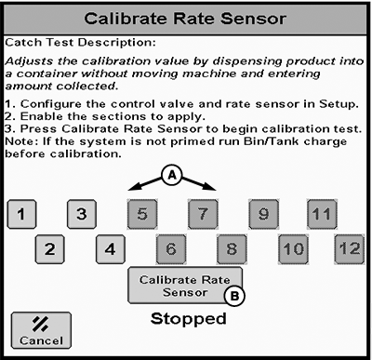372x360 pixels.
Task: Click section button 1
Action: pos(21,214)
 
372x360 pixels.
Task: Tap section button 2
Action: pos(50,249)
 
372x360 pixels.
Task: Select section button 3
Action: pos(82,214)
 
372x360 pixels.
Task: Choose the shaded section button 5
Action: pos(142,214)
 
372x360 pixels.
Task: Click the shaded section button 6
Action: pos(171,249)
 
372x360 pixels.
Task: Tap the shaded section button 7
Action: pos(203,214)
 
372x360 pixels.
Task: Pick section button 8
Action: pos(232,249)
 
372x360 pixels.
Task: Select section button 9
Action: pos(263,214)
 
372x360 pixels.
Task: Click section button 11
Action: pos(322,214)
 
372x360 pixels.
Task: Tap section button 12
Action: pos(350,249)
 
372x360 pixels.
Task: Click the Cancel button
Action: pos(41,330)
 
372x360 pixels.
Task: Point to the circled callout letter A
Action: pos(172,176)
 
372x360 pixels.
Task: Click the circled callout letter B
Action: pos(234,296)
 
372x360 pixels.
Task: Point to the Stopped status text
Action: pos(189,319)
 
